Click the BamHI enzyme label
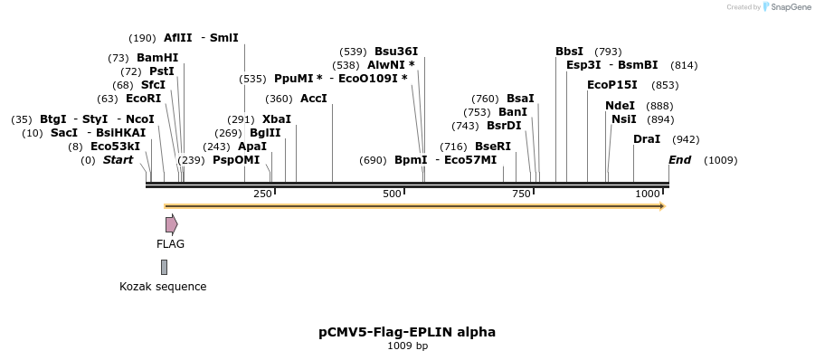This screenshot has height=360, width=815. point(157,57)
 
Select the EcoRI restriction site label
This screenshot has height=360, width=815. point(143,98)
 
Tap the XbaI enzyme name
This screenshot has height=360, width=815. point(277,118)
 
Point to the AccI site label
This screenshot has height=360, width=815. point(313,98)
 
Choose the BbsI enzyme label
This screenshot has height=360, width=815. point(569,52)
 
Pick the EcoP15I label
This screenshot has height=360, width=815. point(612,85)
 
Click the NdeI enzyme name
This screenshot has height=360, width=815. point(620,106)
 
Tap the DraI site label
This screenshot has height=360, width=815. point(647,139)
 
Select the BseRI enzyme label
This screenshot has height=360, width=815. point(493,147)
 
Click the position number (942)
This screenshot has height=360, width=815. point(687,139)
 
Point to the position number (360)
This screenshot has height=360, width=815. point(280,99)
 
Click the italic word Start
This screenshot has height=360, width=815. point(118,160)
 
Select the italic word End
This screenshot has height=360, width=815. point(679,160)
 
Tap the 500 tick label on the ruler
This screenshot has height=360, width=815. point(392,194)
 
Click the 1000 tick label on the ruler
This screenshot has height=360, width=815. point(648,194)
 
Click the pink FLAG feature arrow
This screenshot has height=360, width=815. point(171,224)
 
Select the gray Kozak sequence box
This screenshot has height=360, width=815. point(164,267)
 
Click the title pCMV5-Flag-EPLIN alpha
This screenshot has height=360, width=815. point(407,332)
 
